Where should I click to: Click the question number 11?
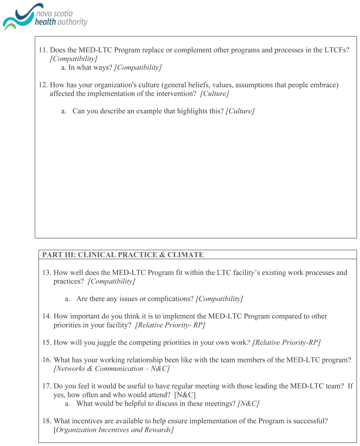tap(43, 51)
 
